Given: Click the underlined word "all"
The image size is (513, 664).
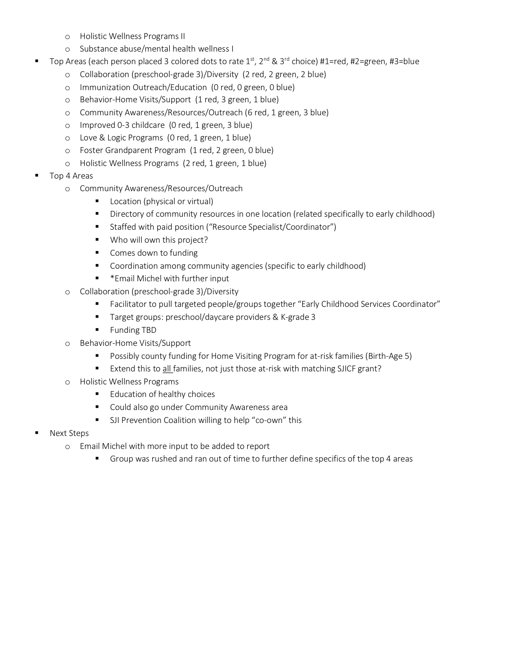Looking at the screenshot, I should pyautogui.click(x=167, y=369).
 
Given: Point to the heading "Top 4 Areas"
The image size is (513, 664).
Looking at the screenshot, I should pyautogui.click(x=71, y=176).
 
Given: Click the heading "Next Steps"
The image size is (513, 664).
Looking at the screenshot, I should pyautogui.click(x=69, y=433).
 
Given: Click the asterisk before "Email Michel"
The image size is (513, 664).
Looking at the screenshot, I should pyautogui.click(x=112, y=278).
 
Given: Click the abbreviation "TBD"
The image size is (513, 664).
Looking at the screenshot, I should pyautogui.click(x=149, y=330).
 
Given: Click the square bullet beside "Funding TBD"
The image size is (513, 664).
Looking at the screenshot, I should pyautogui.click(x=97, y=329).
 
